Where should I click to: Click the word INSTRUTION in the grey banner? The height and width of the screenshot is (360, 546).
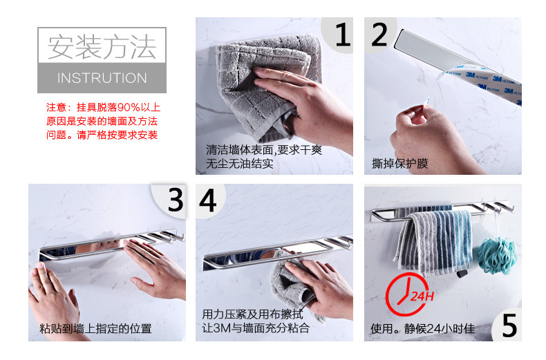(102, 78)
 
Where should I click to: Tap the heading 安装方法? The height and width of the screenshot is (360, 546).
(102, 46)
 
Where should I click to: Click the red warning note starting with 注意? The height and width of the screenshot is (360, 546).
(103, 121)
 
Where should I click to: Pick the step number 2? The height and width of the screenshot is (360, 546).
(379, 34)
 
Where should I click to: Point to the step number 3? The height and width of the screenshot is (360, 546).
(176, 200)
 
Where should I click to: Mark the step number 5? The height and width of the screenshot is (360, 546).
(509, 325)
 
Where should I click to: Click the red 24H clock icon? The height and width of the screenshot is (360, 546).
(406, 294)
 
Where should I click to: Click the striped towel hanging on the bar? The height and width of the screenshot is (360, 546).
(434, 240)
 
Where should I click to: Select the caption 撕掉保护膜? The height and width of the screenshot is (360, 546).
(399, 163)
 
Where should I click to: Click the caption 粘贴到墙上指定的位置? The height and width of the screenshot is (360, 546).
(95, 328)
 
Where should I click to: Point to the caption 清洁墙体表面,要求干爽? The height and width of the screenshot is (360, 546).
(264, 150)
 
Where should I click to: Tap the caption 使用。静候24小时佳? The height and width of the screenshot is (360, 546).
(423, 328)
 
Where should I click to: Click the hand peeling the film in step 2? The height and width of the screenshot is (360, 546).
(432, 140)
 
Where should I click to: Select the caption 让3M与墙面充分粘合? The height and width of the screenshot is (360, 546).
(256, 328)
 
